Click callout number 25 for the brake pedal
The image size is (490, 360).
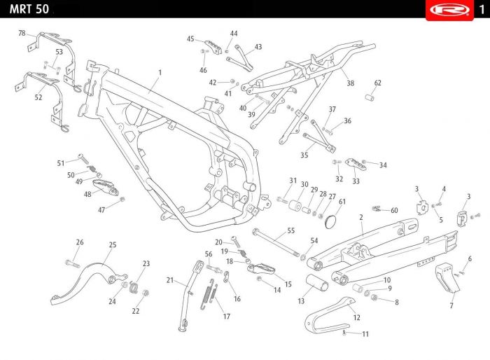[112, 244]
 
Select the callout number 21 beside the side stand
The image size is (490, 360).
[169, 280]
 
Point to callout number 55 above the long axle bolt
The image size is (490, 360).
[290, 230]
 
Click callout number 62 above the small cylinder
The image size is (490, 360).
[377, 83]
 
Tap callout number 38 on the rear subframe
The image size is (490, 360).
[350, 83]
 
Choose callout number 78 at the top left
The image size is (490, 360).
[22, 34]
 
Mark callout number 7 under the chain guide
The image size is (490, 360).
[451, 306]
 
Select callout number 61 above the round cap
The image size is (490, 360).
[342, 202]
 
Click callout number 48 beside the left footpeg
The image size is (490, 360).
[87, 195]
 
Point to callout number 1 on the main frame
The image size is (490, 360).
[160, 72]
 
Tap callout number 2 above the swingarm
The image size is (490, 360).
[360, 218]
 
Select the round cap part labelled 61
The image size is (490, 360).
[332, 222]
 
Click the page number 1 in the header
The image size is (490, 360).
[482, 9]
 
